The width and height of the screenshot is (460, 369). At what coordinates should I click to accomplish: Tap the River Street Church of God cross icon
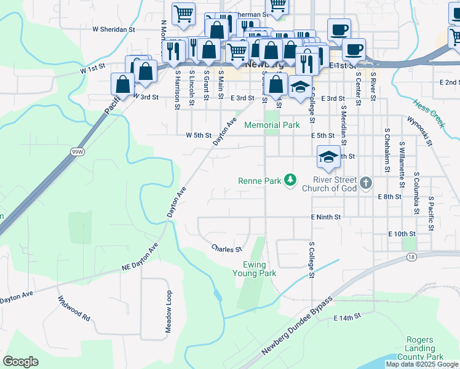[x=366, y=183]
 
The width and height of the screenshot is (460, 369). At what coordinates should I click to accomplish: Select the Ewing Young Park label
[x=254, y=269]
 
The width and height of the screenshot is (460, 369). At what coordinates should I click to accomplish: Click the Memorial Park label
[x=272, y=125]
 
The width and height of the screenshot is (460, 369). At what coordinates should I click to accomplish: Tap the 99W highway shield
[x=77, y=151]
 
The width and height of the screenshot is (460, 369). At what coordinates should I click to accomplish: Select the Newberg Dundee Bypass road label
[x=297, y=325]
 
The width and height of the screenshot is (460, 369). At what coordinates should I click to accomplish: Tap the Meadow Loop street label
[x=168, y=312]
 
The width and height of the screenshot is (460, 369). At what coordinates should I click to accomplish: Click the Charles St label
[x=226, y=249]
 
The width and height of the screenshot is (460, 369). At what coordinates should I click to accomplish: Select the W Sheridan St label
[x=113, y=29]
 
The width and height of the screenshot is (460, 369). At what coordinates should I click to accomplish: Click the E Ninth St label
[x=325, y=217]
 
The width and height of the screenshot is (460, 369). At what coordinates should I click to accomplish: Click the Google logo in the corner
[x=20, y=362]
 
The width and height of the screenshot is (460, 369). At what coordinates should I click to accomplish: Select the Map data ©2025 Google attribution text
[x=422, y=364]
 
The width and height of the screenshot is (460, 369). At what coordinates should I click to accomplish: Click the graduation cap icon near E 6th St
[x=328, y=157]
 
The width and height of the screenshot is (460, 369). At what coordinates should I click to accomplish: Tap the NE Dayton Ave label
[x=140, y=256]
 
